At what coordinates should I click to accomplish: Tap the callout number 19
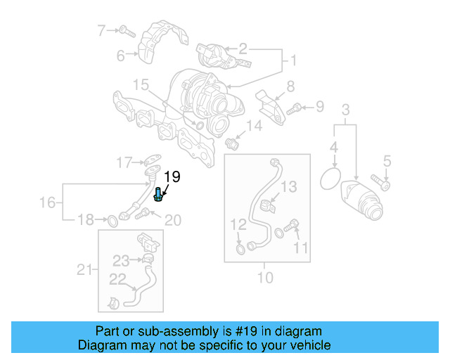pos(173,176)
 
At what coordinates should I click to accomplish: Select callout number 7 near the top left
pos(101,30)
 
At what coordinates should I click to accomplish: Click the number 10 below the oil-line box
pos(264,278)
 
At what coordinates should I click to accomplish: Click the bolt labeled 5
pos(384,184)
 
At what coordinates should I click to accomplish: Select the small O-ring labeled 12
pos(241,248)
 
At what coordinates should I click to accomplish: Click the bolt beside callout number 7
pos(125,31)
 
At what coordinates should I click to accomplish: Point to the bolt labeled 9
pos(296,108)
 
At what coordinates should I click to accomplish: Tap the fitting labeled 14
pos(233,143)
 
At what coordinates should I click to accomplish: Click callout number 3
pos(345,109)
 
